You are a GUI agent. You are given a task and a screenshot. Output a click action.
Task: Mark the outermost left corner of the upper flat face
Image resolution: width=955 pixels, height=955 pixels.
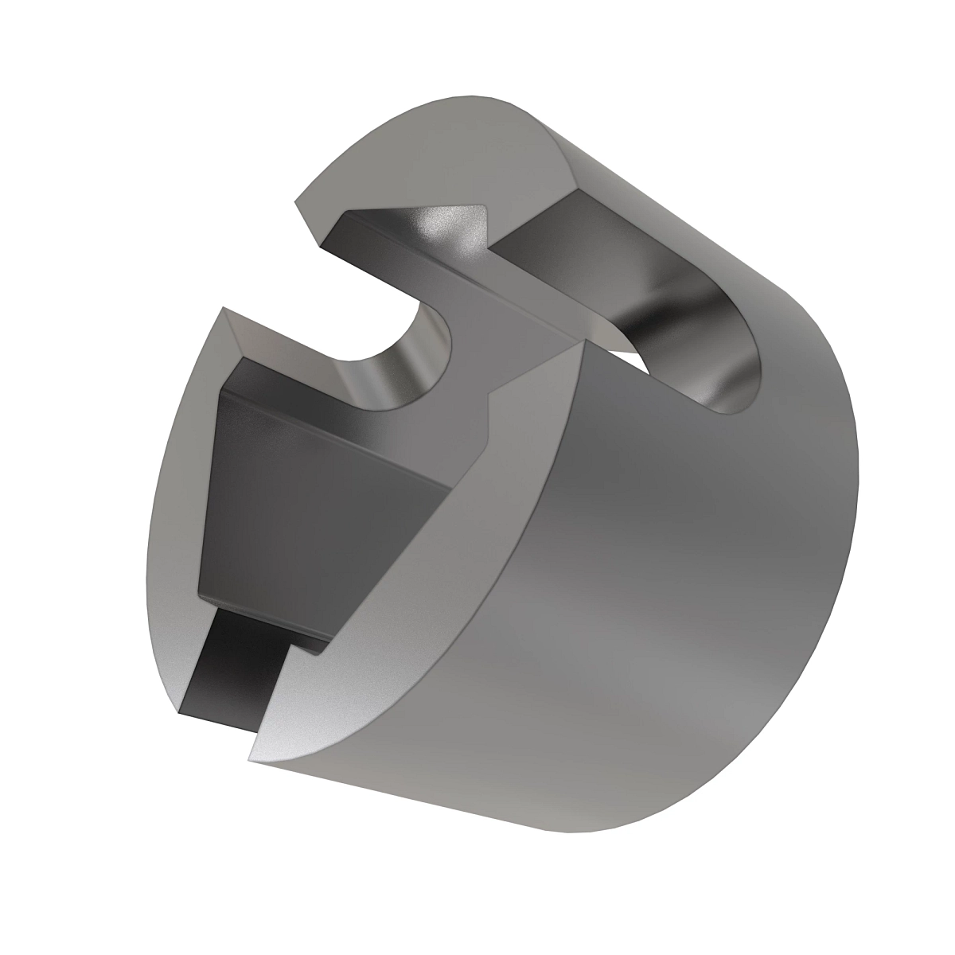[297, 203]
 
